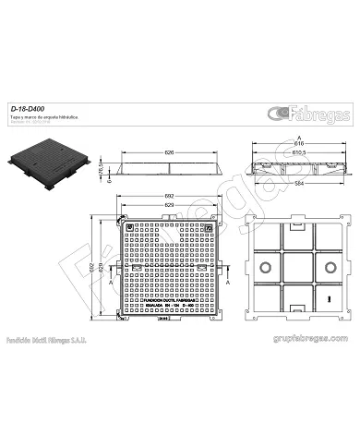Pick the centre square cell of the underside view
pos(297,267)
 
